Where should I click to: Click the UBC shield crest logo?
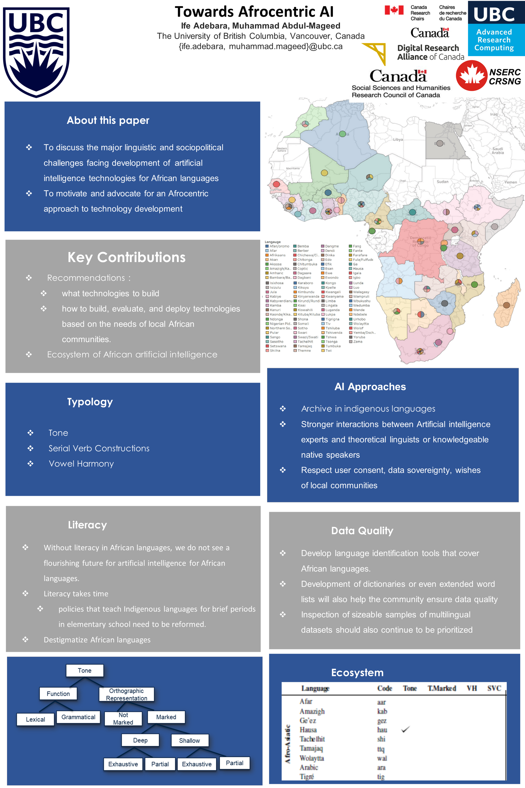(36, 52)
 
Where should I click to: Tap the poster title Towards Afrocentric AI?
(254, 12)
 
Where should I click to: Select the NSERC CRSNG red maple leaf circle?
(471, 76)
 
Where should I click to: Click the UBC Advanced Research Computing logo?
(496, 28)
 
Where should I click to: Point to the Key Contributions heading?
(126, 257)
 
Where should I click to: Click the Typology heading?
(90, 402)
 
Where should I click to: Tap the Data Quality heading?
(362, 531)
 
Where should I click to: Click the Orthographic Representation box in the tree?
(127, 694)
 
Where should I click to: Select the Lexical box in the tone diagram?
(36, 719)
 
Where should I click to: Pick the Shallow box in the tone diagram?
(189, 740)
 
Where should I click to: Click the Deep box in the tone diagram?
(140, 740)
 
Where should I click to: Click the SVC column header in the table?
(494, 688)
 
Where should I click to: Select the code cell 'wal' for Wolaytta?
(382, 758)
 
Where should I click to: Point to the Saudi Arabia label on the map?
(498, 150)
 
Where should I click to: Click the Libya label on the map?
(398, 140)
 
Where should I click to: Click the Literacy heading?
(87, 525)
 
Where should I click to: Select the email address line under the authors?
(260, 46)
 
